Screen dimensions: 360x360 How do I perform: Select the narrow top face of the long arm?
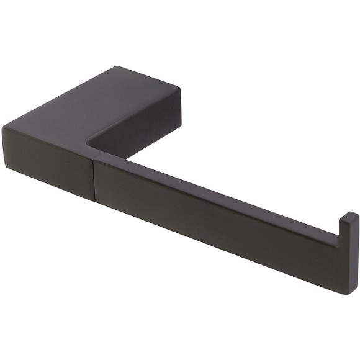tap(217, 186)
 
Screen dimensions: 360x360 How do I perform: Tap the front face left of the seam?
tap(50, 164)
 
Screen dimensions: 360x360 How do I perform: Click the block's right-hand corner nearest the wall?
tap(180, 90)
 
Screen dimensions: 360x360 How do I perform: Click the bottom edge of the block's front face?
tap(50, 186)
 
